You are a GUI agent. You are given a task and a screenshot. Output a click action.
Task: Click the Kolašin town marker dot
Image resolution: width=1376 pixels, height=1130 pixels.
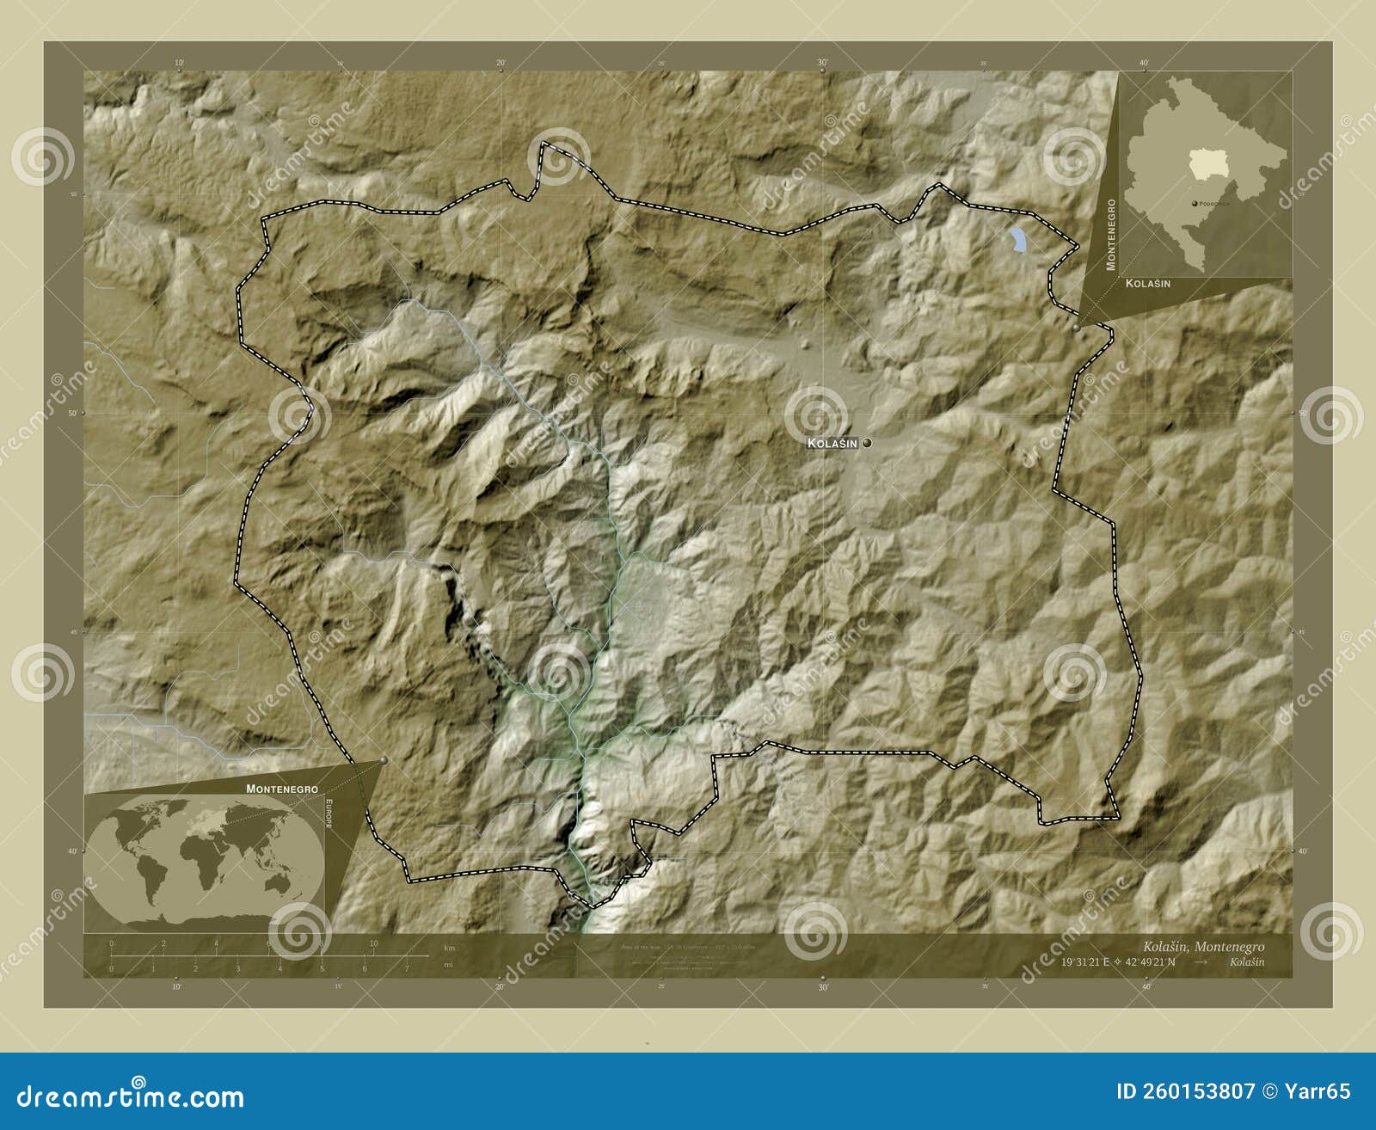pyautogui.click(x=867, y=443)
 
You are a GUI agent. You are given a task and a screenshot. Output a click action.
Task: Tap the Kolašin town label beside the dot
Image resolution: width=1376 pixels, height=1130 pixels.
pyautogui.click(x=832, y=443)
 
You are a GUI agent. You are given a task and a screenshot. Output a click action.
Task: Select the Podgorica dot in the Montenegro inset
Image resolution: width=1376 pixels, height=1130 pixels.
pyautogui.click(x=1195, y=203)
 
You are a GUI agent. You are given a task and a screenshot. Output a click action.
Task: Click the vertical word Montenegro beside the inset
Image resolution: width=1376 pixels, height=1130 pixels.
pyautogui.click(x=1111, y=235)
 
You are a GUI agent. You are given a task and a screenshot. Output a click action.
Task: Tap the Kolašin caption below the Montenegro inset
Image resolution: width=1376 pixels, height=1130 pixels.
pyautogui.click(x=1148, y=283)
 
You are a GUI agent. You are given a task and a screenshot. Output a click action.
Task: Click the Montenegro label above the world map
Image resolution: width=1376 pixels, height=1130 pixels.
pyautogui.click(x=281, y=789)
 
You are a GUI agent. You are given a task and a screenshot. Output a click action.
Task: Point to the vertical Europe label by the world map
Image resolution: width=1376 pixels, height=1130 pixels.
pyautogui.click(x=328, y=814)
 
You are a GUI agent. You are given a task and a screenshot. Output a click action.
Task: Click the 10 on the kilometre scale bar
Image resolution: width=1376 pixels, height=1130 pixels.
pyautogui.click(x=373, y=943)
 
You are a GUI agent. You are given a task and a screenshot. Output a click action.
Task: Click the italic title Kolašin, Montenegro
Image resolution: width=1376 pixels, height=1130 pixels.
pyautogui.click(x=1203, y=946)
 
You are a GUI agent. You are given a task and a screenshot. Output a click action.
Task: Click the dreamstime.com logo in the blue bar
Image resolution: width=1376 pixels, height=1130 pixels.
pyautogui.click(x=131, y=1096)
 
